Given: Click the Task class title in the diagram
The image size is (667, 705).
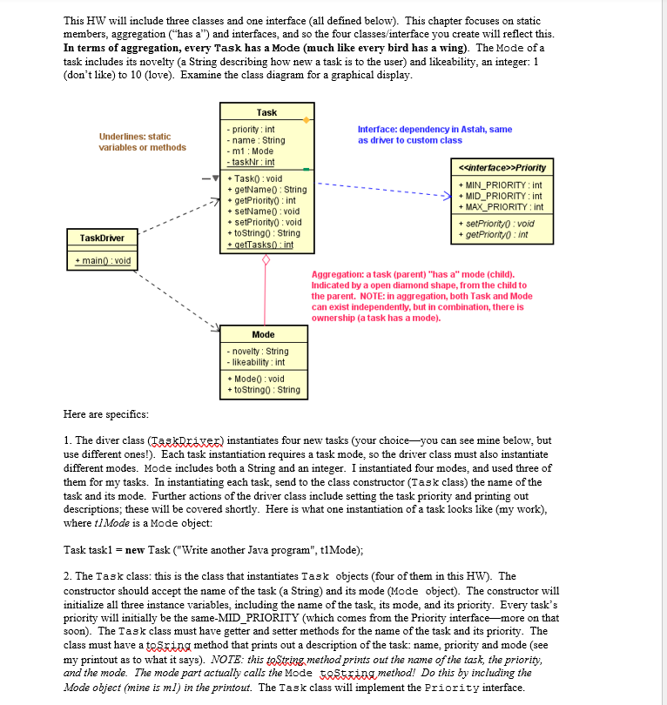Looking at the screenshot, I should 266,113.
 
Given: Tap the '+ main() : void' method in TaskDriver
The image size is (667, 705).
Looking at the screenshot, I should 102,260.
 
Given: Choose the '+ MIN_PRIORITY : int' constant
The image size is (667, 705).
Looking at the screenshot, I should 500,185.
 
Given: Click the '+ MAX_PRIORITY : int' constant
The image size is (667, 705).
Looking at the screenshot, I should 501,207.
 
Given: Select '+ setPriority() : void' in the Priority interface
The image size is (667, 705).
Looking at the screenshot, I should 495,224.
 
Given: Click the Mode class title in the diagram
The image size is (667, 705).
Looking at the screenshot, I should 264,334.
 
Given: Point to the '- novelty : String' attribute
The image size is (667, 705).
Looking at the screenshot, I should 259,352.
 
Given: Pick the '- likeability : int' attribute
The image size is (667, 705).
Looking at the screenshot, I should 257,362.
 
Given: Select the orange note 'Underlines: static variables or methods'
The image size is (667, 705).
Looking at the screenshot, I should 142,142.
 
